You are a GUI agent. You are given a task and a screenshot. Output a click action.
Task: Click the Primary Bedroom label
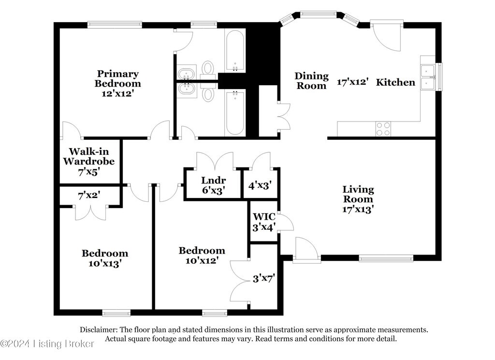click(x=118, y=79)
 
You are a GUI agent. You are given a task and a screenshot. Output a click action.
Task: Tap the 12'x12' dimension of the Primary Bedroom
click(x=118, y=93)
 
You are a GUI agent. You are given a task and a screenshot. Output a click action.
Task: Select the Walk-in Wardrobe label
click(x=89, y=156)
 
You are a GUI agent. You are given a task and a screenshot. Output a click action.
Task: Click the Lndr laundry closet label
click(x=213, y=180)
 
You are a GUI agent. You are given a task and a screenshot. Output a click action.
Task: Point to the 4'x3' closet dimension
click(x=260, y=185)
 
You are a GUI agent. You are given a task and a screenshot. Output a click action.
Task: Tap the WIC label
click(x=264, y=217)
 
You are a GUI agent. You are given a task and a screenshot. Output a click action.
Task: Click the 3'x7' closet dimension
click(x=264, y=278)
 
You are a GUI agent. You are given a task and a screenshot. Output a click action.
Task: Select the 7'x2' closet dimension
click(x=89, y=195)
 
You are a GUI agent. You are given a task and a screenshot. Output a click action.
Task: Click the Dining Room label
click(x=312, y=81)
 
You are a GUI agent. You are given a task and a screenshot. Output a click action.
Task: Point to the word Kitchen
click(x=395, y=82)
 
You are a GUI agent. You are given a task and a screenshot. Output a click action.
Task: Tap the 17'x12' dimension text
click(x=352, y=82)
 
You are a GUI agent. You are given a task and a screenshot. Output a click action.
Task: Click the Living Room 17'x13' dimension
click(x=358, y=209)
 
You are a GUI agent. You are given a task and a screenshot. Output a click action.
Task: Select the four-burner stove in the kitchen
click(x=383, y=129)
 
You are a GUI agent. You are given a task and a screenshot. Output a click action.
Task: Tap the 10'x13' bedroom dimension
click(x=105, y=264)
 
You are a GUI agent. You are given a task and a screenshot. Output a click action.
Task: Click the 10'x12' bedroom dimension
click(x=202, y=261)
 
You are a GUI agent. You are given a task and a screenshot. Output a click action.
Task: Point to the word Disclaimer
click(x=99, y=330)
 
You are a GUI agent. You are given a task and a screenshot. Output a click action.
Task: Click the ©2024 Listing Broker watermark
click(x=47, y=344)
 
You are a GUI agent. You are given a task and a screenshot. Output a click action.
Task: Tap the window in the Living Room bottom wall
click(x=386, y=258)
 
